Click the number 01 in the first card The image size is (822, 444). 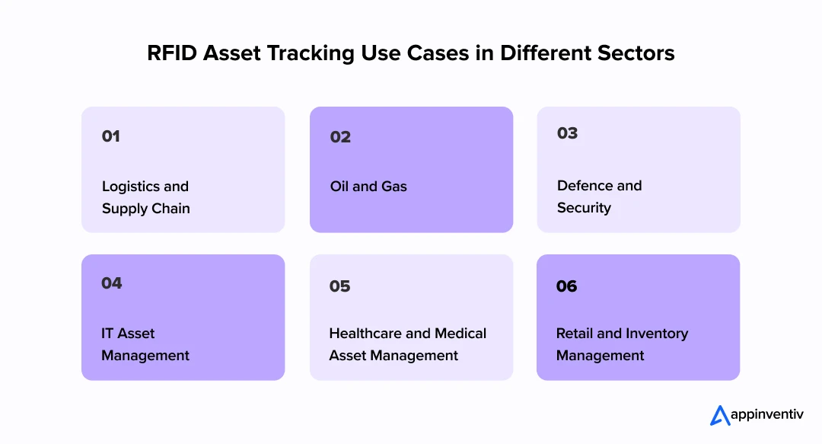click(111, 136)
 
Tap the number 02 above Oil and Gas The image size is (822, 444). click(340, 137)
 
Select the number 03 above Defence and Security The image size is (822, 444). click(568, 133)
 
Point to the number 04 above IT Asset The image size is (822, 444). click(112, 283)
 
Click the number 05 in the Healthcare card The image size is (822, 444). click(340, 286)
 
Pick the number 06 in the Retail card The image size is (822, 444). click(567, 286)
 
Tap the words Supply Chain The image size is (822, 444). click(145, 209)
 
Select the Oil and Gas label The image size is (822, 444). click(368, 187)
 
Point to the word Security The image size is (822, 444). click(584, 208)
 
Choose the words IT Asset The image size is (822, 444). click(128, 334)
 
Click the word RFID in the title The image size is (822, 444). click(171, 54)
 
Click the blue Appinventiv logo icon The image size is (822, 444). click(720, 415)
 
